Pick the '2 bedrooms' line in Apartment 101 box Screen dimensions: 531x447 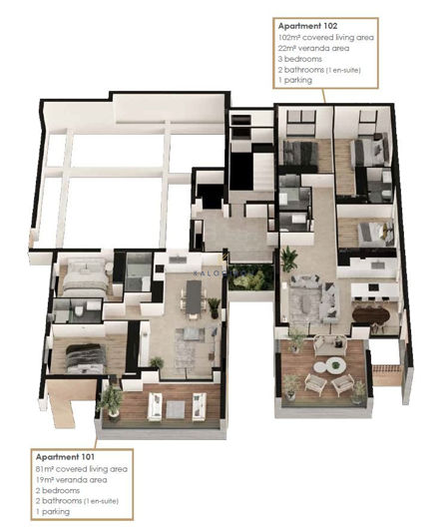(58, 490)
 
